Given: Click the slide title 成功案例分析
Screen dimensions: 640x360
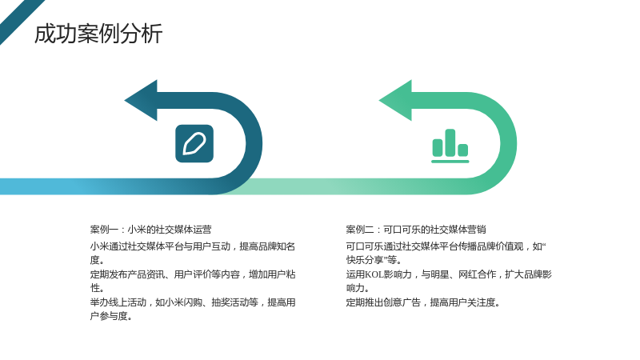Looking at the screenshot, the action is click(98, 34).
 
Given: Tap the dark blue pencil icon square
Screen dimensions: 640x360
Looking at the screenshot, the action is click(194, 144).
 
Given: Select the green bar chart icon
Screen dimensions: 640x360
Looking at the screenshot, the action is click(450, 146).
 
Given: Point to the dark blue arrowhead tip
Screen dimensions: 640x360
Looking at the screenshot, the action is click(125, 101).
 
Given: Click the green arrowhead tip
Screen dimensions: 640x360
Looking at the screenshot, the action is click(379, 101).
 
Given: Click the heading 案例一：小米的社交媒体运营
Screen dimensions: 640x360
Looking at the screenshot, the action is click(151, 230).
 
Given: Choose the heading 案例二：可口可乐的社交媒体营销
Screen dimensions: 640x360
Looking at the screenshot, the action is click(416, 230).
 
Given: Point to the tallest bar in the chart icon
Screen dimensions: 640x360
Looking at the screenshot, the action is click(450, 142).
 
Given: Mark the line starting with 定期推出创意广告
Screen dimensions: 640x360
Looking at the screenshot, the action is click(423, 302).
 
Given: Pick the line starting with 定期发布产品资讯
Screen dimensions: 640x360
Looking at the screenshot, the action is click(193, 274).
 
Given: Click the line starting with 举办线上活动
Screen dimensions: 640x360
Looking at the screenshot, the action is click(193, 302).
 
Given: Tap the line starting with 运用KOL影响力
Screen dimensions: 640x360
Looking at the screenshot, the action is click(449, 274).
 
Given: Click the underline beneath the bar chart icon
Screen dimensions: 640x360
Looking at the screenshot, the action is click(450, 162).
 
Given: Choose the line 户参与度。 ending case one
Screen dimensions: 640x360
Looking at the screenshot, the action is click(111, 316).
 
